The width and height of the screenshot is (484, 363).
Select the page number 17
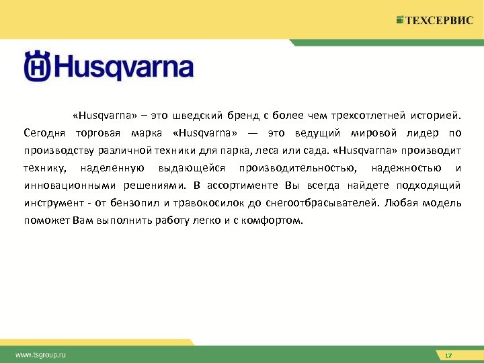(x=448, y=355)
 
